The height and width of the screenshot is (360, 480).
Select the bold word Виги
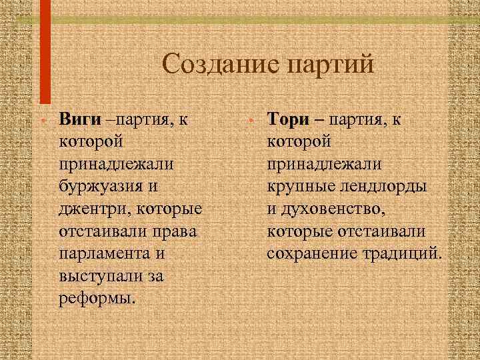[x=80, y=121]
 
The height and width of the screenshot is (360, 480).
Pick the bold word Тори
[x=289, y=120]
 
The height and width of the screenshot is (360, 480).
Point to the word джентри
[x=89, y=209]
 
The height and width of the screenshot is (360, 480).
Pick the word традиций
[x=403, y=253]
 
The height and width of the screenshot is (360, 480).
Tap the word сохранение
[x=311, y=253]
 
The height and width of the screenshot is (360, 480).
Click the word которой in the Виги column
[x=91, y=142]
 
